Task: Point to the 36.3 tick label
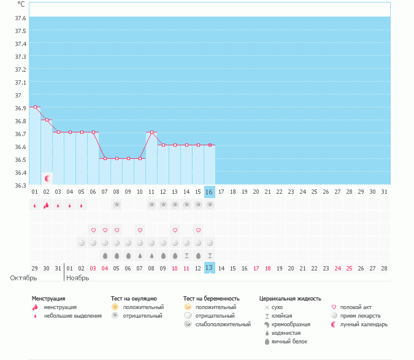20,185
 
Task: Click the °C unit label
21,4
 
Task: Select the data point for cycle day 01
35,107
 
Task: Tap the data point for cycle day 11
151,132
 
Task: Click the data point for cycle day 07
105,158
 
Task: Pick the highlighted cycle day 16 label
209,192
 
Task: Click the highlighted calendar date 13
209,268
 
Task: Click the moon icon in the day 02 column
47,178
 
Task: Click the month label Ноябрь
78,278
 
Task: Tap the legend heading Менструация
48,299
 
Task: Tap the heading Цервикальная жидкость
290,299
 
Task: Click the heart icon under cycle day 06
93,230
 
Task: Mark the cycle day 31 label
384,192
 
